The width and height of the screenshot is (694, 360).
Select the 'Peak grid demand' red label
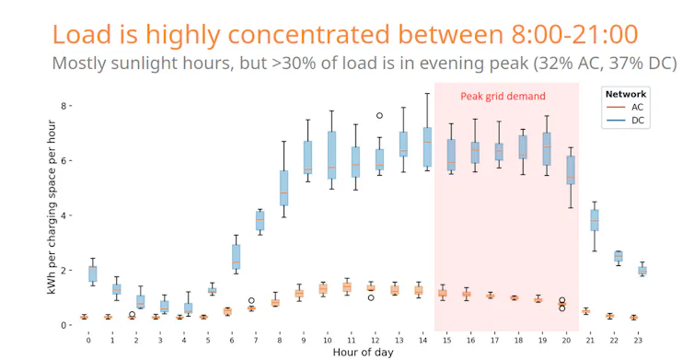503,97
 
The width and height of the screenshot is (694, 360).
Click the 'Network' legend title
625,94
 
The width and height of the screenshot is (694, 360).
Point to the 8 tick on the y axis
65,106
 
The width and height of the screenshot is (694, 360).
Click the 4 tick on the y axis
65,215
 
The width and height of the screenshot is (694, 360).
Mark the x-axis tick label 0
88,339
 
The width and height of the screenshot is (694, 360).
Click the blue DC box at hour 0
93,273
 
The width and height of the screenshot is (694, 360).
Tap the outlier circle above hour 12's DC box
379,116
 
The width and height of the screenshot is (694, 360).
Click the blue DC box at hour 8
283,188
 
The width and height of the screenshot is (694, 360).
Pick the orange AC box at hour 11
346,287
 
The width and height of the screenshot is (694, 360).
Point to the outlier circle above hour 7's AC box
251,300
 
